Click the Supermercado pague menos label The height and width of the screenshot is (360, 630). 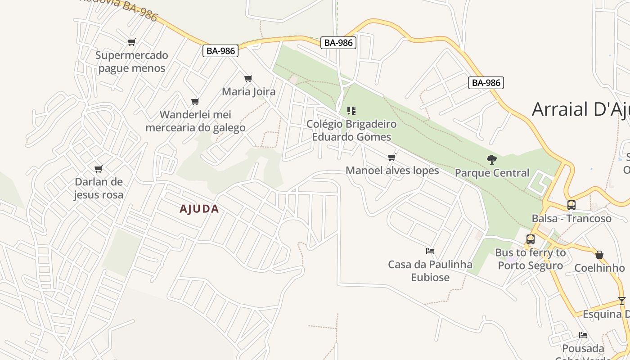coord(132,62)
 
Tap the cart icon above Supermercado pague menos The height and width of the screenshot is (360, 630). coord(131,42)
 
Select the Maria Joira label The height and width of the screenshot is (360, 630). coord(248,92)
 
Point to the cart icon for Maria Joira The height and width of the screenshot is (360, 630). coord(248,79)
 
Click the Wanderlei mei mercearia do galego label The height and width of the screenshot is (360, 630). coord(195,121)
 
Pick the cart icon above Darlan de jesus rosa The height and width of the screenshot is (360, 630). coord(99,169)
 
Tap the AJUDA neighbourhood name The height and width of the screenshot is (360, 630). coord(199,209)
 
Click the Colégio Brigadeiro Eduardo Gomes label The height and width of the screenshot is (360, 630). coord(351,130)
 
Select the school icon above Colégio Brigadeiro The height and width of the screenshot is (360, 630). coord(351,111)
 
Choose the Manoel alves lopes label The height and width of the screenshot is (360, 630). coord(392,171)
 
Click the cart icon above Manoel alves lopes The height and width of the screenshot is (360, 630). coord(392,157)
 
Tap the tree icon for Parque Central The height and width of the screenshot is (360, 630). coord(492,159)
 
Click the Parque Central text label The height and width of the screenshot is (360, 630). coord(492,173)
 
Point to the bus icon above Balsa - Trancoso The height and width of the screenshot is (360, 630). coord(571,205)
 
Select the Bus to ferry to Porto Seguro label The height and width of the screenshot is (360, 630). coord(530,259)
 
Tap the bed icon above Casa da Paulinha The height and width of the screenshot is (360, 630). coord(430,251)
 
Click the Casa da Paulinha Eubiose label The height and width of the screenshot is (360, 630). coord(430,270)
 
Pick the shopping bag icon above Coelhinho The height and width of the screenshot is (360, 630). coord(599,255)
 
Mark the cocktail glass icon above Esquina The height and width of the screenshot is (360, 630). coord(622,301)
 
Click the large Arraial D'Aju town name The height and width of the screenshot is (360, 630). coord(580,109)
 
